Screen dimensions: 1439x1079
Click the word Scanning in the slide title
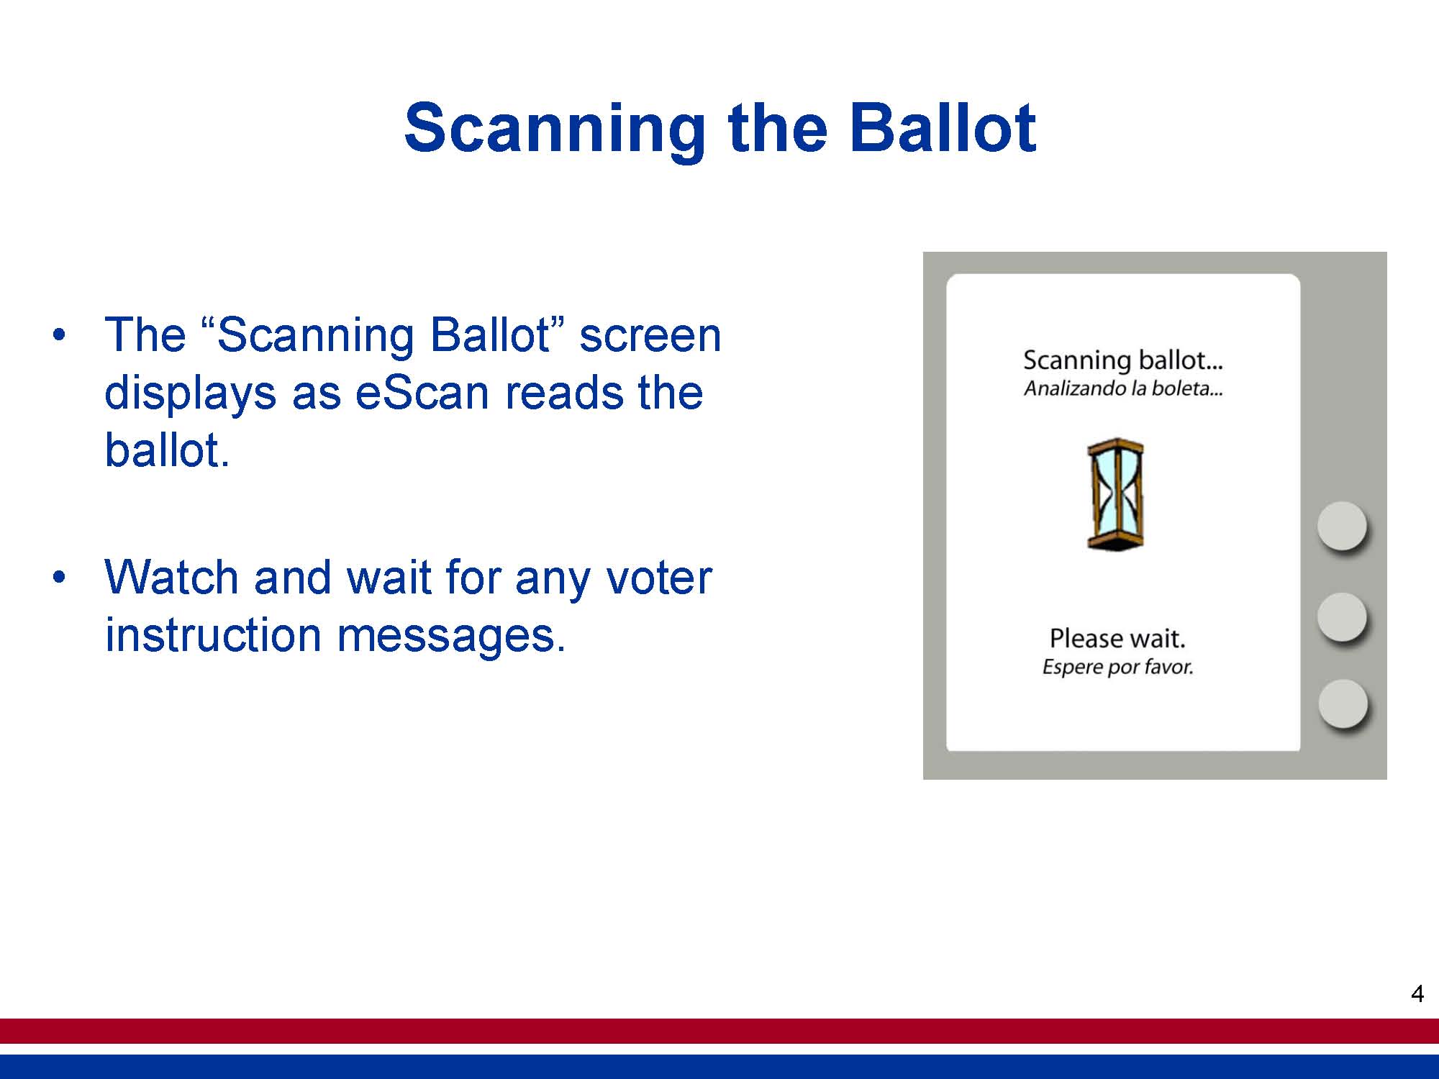555,129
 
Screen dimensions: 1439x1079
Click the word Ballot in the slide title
943,127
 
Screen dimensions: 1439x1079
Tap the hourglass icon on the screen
1115,494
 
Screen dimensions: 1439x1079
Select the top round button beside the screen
1342,526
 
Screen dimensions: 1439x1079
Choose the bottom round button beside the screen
1343,704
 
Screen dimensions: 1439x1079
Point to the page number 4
1417,994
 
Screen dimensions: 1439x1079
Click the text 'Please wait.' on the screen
1117,638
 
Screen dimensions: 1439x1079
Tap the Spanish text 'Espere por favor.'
1118,667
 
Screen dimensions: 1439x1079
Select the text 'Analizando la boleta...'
1123,388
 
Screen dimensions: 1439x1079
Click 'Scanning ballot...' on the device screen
1123,360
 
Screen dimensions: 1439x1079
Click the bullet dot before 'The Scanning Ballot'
59,335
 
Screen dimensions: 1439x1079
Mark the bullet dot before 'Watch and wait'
59,577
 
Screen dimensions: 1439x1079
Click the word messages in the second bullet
451,636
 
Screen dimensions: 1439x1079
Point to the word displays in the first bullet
191,393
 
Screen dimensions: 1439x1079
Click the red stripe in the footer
719,1031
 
